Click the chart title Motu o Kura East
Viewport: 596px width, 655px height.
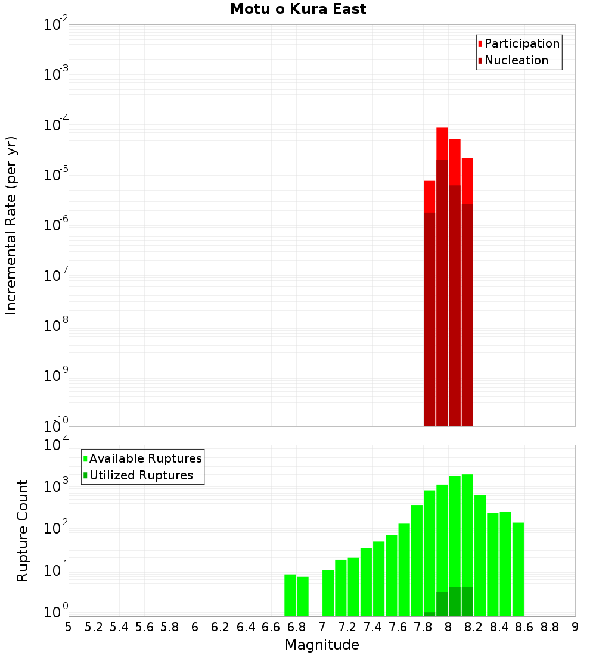tap(298, 9)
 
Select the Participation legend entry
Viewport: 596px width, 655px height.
tap(521, 43)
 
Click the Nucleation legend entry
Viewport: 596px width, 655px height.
tap(516, 60)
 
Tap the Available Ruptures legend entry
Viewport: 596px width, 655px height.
tap(145, 458)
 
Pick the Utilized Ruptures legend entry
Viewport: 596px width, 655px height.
tap(141, 475)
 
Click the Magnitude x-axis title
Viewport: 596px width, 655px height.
tap(322, 645)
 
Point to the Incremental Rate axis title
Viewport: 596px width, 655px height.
tap(11, 225)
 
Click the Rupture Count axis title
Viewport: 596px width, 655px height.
tap(23, 530)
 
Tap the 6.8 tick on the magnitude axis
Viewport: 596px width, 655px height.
tap(296, 627)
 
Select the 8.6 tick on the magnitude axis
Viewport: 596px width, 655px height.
tap(524, 627)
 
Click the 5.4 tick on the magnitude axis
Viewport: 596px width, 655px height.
tap(119, 627)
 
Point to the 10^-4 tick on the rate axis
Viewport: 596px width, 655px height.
tap(56, 126)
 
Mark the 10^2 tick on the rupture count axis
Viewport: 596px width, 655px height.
tap(56, 528)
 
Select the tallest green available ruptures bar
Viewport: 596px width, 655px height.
tap(467, 536)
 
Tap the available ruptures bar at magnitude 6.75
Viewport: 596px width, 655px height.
tap(290, 595)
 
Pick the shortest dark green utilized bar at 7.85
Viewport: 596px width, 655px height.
tap(429, 614)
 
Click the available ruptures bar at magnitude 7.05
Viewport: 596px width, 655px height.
tap(328, 593)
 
